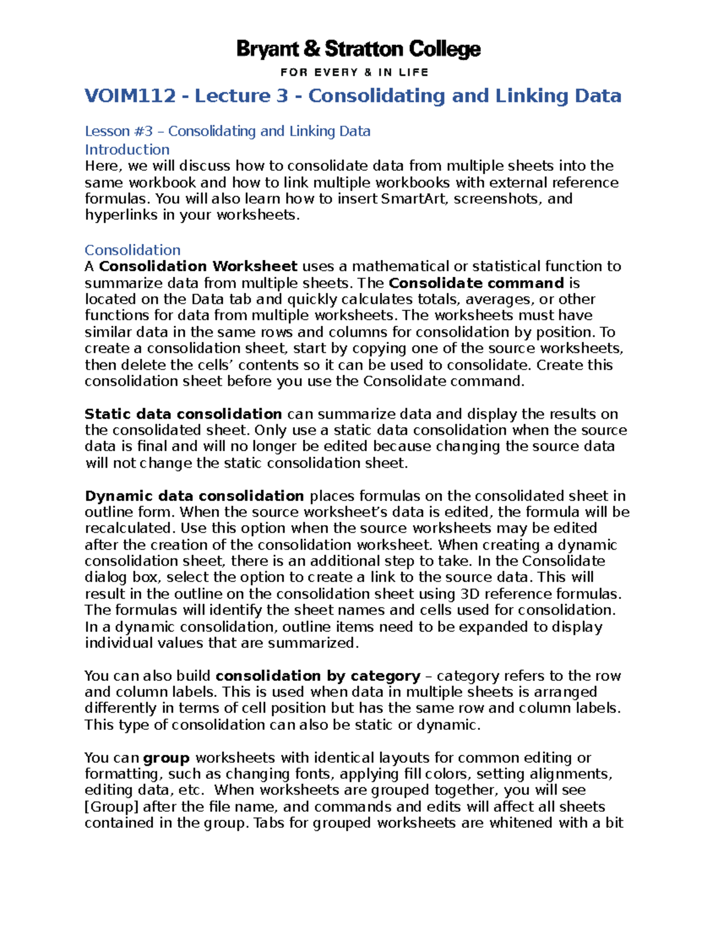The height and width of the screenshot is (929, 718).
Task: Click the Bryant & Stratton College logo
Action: [x=358, y=49]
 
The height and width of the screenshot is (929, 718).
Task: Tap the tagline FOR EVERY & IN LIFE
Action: [x=354, y=72]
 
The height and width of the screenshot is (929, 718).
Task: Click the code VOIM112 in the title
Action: [x=130, y=96]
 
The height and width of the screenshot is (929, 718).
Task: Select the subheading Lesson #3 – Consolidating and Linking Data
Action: [x=227, y=131]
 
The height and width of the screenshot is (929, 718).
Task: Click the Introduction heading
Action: [x=127, y=150]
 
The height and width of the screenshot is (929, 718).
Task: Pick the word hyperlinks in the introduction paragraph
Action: [x=121, y=215]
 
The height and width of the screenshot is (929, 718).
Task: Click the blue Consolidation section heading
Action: [x=132, y=250]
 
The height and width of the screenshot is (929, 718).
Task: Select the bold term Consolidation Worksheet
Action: [x=198, y=266]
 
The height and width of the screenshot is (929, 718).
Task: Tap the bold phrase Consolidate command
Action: [x=476, y=283]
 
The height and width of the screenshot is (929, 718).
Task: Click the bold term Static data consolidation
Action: [x=183, y=414]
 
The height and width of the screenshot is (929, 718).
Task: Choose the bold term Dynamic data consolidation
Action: [x=194, y=496]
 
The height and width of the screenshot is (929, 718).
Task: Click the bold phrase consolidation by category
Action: [x=318, y=676]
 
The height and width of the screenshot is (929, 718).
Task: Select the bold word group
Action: [x=166, y=758]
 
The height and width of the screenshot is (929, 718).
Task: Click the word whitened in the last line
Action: [x=522, y=823]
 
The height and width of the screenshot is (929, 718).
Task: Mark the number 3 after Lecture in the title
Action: [x=282, y=96]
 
